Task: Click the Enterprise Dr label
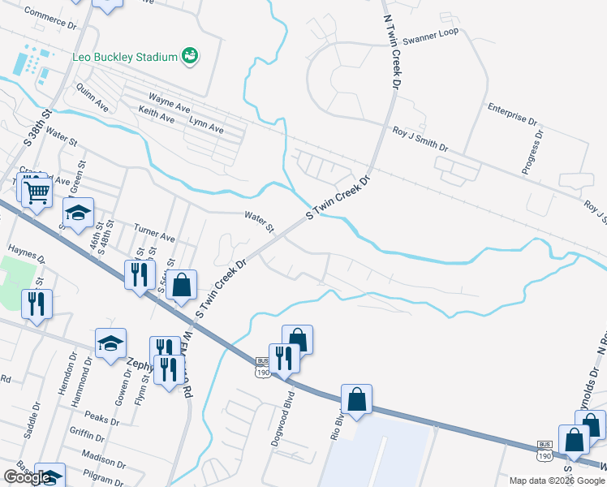513,113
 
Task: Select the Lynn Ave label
205,128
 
